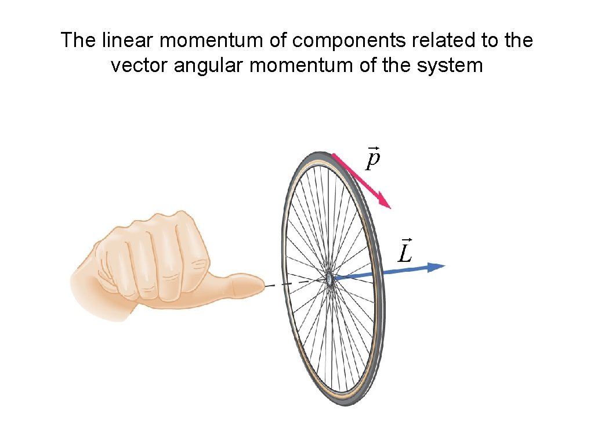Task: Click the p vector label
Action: tap(373, 158)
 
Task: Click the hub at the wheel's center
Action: tap(329, 279)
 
